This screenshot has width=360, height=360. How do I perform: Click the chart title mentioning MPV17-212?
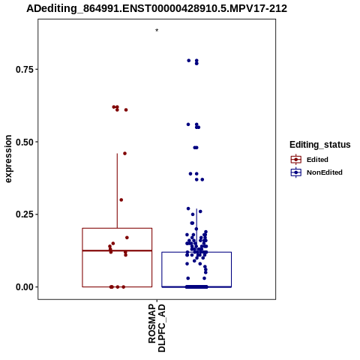point(157,9)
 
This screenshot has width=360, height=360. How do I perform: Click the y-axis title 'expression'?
point(8,159)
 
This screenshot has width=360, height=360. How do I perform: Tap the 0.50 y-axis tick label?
point(25,142)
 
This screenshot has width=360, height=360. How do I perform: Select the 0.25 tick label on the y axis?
point(25,214)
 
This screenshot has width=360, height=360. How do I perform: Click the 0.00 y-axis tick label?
point(25,287)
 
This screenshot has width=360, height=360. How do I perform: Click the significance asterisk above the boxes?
point(157,31)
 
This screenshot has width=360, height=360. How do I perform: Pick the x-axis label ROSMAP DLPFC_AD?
point(157,328)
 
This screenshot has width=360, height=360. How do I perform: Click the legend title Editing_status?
point(320,145)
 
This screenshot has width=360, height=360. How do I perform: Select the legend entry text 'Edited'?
point(317,160)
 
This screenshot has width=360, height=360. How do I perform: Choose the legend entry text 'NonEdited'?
point(325,172)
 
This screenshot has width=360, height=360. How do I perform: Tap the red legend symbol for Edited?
point(296,160)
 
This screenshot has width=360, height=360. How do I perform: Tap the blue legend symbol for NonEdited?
point(296,172)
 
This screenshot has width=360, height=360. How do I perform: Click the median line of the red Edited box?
point(117,250)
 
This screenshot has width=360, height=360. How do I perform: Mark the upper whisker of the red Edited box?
point(117,190)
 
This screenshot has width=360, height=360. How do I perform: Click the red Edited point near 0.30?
point(121,200)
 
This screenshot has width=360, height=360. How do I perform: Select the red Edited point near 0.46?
point(124,154)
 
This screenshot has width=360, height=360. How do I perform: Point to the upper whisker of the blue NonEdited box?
point(196,230)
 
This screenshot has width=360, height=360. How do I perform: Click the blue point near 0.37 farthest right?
point(202,179)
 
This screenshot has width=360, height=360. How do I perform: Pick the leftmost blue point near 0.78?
point(189,61)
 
